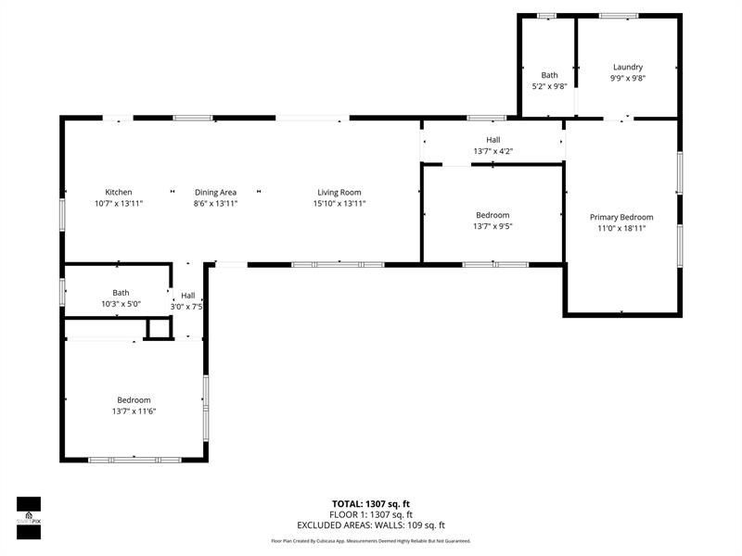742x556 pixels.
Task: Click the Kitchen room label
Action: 119,193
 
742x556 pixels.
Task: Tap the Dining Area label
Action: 215,193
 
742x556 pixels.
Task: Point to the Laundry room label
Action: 628,67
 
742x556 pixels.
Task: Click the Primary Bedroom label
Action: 621,217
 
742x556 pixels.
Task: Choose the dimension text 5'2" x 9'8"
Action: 550,86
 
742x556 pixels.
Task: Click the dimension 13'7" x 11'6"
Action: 134,411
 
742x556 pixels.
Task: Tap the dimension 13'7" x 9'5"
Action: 492,226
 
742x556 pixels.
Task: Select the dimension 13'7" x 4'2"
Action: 493,151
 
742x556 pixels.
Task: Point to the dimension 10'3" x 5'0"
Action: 122,304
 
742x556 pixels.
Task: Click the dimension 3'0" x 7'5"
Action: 187,307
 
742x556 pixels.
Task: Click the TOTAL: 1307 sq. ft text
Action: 371,504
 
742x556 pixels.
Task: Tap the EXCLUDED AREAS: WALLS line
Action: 371,524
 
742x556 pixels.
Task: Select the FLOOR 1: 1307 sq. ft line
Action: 371,514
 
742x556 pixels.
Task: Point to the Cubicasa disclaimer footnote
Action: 371,541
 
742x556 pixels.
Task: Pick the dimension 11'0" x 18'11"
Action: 621,228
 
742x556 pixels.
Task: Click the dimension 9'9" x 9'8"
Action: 628,78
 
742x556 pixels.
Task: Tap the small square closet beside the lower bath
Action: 160,329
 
